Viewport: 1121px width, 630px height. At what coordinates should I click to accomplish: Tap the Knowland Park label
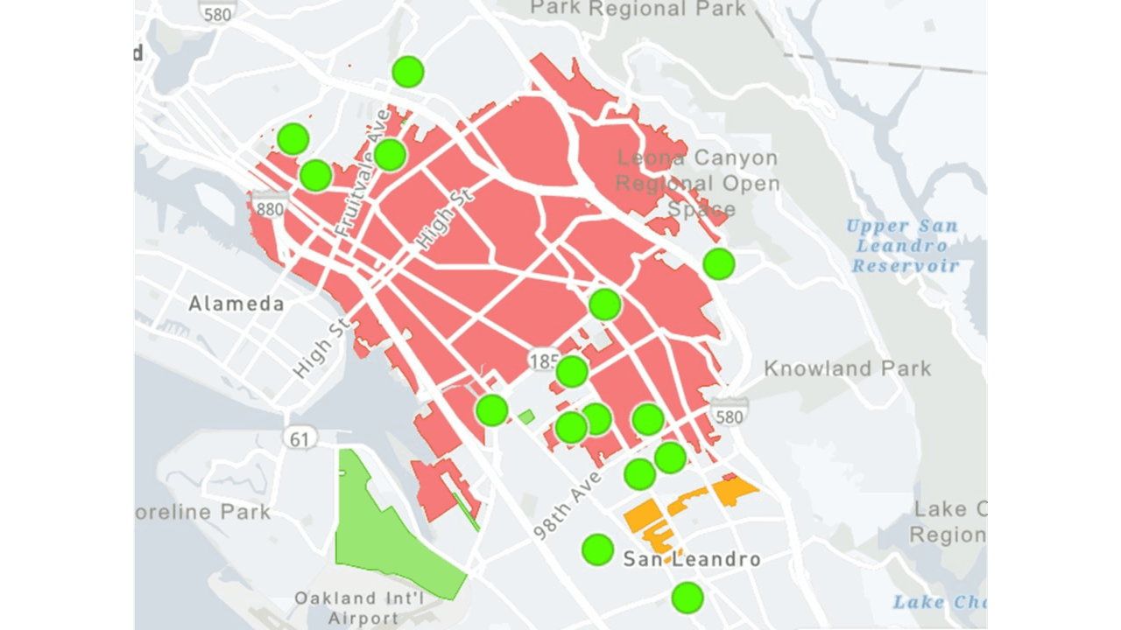pos(847,368)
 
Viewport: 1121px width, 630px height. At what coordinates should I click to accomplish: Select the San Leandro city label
pos(691,559)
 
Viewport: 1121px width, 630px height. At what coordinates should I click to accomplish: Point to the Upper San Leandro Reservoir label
pos(903,246)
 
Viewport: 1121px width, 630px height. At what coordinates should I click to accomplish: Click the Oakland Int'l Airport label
pos(359,608)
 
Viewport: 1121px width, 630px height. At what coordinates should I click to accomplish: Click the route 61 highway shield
pos(300,438)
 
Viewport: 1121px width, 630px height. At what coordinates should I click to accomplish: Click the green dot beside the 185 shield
pos(572,371)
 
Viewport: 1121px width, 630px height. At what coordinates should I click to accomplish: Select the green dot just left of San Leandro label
pos(597,549)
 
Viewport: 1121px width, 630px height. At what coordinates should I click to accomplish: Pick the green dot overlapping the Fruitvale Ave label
pos(390,155)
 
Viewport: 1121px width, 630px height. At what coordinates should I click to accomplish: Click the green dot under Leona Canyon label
pos(718,263)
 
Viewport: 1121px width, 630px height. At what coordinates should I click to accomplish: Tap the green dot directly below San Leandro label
pos(687,598)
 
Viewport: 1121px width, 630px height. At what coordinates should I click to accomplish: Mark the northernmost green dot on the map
pos(407,72)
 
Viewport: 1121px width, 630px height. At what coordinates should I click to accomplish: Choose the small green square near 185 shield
pos(525,417)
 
